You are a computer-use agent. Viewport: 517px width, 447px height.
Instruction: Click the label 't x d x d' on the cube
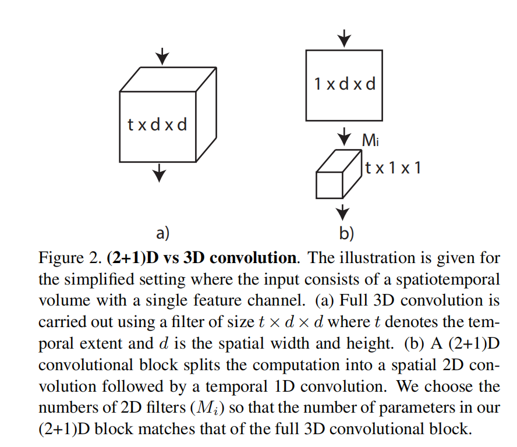coord(157,124)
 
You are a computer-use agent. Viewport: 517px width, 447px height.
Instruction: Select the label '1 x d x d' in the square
coord(345,84)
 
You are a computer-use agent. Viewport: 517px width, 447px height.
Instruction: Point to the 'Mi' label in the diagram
coord(371,140)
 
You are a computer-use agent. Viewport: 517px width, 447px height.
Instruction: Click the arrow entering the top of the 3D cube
coord(162,57)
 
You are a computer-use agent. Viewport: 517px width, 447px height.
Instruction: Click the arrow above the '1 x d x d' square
coord(345,38)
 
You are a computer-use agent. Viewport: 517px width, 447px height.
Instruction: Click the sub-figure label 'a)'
coord(162,233)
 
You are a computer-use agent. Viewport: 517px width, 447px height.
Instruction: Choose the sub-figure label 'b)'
coord(346,233)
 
